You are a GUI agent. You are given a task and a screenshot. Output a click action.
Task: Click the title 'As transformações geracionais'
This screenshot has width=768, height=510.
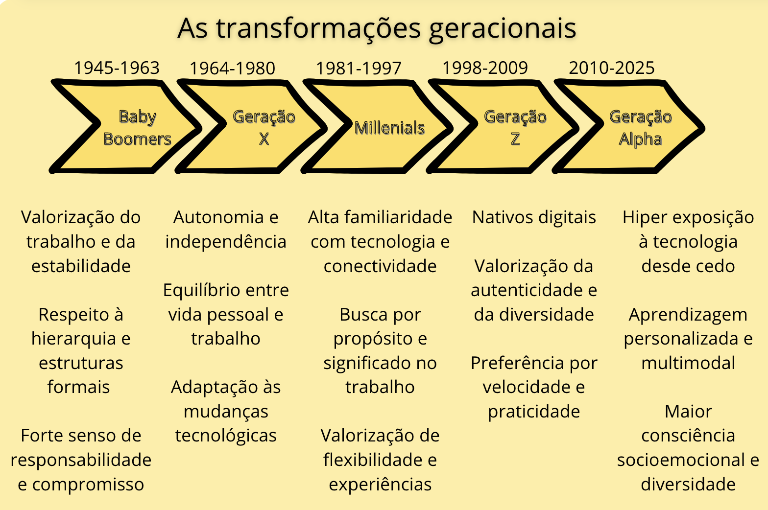377,28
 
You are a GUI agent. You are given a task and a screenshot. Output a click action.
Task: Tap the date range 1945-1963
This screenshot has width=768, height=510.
117,68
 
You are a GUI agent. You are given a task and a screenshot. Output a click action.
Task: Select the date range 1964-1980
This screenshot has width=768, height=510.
232,69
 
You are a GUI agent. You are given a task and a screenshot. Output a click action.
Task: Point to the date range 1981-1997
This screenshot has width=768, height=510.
359,69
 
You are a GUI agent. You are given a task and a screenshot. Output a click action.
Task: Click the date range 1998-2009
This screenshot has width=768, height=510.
485,68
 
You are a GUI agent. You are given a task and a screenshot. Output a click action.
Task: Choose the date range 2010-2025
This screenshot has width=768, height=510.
611,68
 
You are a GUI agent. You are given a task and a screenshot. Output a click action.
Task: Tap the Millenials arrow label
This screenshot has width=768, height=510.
389,128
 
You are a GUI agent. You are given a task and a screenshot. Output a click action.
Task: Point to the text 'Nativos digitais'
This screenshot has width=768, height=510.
534,217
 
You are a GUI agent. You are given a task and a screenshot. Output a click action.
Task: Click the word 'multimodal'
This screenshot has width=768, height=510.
688,363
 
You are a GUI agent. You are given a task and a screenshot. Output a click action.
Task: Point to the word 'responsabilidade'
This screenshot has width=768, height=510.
81,460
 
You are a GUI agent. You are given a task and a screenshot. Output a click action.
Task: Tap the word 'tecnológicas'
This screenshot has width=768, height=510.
226,436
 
